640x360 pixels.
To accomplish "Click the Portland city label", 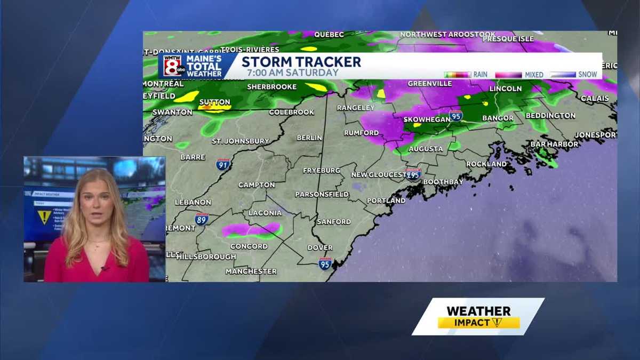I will click(x=386, y=201).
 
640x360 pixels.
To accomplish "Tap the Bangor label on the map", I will click(x=498, y=118).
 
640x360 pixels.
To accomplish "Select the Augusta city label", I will click(x=426, y=149).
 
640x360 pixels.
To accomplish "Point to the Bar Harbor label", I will click(x=554, y=144).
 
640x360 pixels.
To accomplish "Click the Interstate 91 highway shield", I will click(x=223, y=164).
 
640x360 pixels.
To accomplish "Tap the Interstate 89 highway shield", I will click(x=201, y=219).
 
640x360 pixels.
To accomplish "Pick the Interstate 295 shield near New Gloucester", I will click(x=413, y=174).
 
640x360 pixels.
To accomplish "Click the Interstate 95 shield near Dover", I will click(x=325, y=263).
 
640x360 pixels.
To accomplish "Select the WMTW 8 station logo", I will click(x=174, y=66).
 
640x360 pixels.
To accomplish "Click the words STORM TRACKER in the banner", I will click(x=301, y=62).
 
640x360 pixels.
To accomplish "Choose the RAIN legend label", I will click(x=480, y=75).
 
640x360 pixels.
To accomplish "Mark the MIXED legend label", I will click(x=534, y=75).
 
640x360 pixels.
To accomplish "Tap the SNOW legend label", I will click(x=588, y=75).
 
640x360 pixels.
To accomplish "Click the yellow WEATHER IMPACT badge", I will click(x=478, y=317).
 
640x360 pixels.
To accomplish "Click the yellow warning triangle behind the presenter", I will click(x=44, y=217).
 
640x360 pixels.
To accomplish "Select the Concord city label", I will click(x=249, y=246).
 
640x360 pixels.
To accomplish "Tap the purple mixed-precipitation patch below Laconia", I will click(x=251, y=229).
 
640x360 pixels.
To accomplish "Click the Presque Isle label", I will click(x=507, y=39).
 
